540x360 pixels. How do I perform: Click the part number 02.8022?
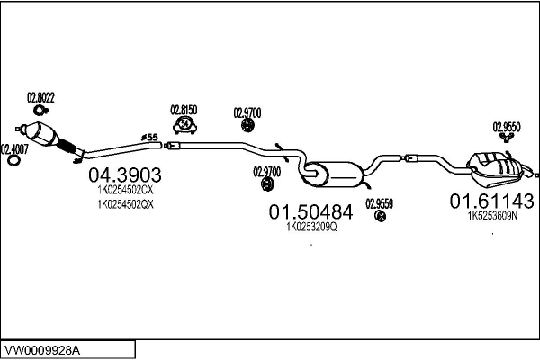tap(40, 97)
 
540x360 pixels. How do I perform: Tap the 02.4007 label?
tap(13, 148)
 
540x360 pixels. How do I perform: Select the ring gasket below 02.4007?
tap(13, 163)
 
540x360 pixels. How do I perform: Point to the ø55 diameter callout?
tap(149, 137)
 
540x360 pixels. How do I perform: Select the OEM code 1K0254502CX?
tap(125, 190)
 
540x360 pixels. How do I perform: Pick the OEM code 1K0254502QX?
tap(125, 204)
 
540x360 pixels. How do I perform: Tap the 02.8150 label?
tap(184, 110)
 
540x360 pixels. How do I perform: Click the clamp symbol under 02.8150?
tap(184, 124)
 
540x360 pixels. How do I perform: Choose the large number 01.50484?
tap(310, 211)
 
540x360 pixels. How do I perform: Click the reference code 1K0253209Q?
tap(310, 227)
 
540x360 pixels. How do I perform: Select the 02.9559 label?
tap(379, 202)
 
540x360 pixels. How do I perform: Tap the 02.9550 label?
tap(506, 127)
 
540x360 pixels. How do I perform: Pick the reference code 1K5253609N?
tap(492, 215)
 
